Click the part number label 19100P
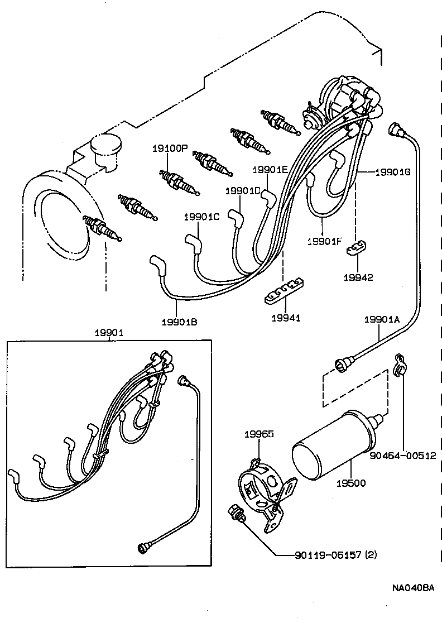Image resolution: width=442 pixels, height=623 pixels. (170, 148)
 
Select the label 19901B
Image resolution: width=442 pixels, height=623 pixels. (179, 322)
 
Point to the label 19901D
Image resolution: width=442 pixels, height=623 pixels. (243, 191)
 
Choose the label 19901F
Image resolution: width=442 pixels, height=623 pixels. (324, 241)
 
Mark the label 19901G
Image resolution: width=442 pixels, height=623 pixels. (392, 172)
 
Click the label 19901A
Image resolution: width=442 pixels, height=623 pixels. (382, 319)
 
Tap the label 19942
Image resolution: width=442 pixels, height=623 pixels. (358, 277)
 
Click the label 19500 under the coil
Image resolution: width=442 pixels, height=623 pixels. (352, 482)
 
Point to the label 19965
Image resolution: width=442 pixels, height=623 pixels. (259, 433)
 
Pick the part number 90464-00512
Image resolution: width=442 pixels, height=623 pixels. (402, 456)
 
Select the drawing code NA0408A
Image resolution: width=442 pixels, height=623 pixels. (412, 588)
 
